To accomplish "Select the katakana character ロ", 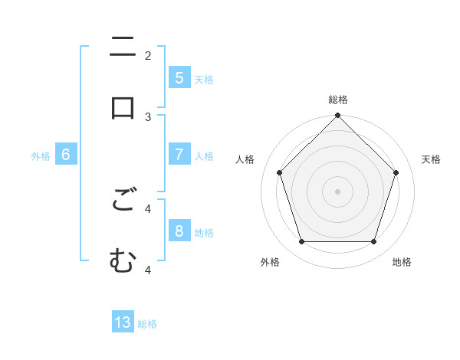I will point(123,107).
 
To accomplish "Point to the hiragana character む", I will point(123,260).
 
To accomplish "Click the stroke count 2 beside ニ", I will point(148,55).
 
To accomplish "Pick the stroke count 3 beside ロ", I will point(148,116).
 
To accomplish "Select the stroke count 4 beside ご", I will point(148,208).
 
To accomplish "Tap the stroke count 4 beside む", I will point(148,269).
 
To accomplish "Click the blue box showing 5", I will point(179,77).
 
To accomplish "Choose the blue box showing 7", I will point(179,154).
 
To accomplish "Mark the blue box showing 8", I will point(179,231).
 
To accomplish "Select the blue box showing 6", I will point(66,154).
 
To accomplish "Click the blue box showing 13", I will point(123,322).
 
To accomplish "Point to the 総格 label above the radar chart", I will point(338,100).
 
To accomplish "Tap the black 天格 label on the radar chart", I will point(432,159).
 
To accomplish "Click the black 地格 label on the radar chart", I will point(402,262).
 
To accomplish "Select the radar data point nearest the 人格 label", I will point(279,172).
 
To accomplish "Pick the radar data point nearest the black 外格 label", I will point(301,242).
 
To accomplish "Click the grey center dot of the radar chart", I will point(338,191).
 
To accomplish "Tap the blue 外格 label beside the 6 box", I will point(41,155).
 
